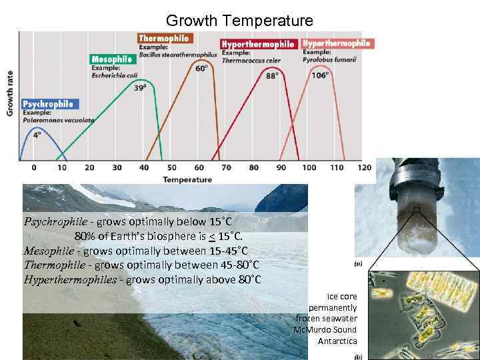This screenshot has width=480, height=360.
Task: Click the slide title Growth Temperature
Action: point(239,21)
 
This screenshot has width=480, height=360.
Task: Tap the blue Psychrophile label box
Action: point(48,104)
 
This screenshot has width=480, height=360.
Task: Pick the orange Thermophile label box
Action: point(164,38)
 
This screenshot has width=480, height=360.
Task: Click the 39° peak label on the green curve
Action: point(139,87)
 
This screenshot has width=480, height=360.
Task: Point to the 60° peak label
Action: point(200,68)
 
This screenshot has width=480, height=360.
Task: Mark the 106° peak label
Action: point(320,75)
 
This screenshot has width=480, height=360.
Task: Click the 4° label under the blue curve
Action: point(37,134)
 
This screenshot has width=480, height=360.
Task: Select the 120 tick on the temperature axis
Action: point(364,167)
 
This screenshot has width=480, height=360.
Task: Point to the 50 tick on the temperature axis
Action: point(172,167)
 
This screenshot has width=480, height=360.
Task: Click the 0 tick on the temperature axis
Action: point(34,167)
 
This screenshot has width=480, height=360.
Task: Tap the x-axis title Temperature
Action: point(187,179)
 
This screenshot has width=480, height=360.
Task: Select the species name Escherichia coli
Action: point(115,75)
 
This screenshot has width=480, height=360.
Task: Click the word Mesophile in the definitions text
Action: point(47,251)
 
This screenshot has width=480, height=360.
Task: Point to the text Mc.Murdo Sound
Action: point(325,329)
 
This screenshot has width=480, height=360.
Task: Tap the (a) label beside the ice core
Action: point(358,263)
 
